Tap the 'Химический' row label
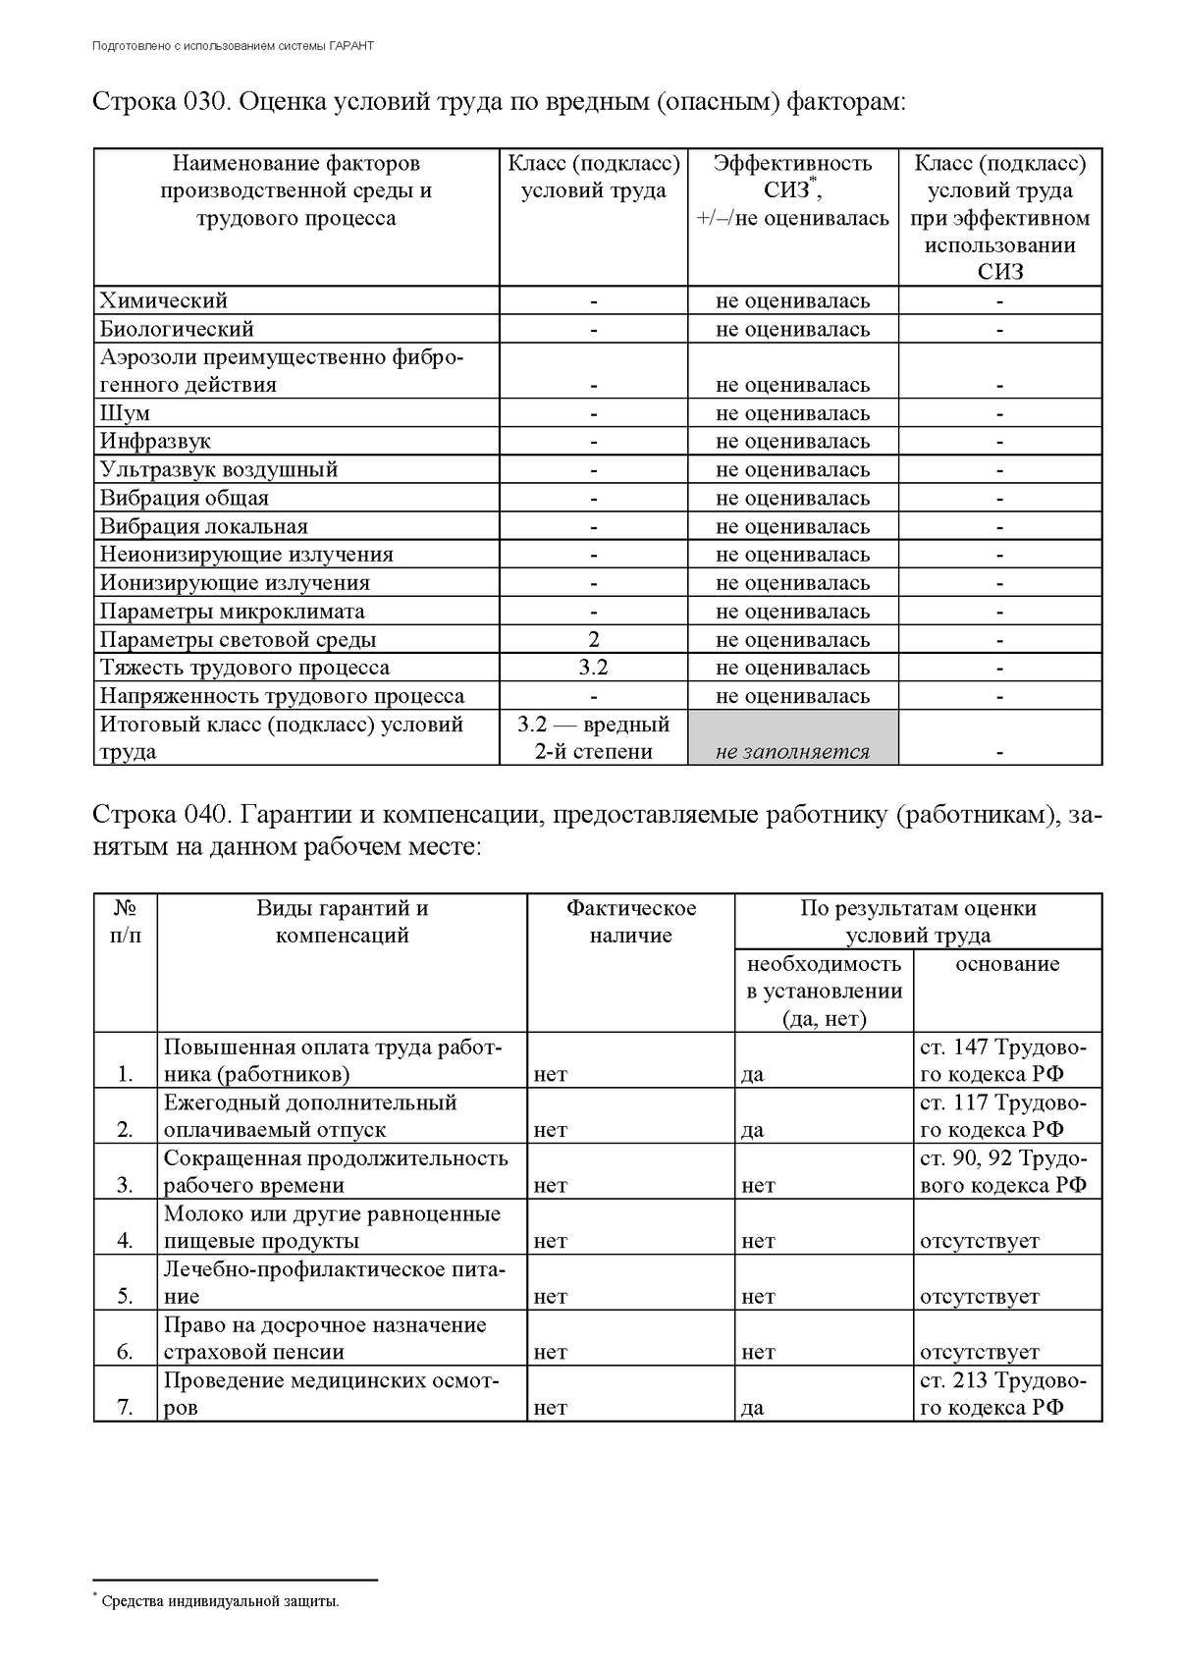click(164, 300)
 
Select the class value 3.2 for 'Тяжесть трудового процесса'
click(594, 668)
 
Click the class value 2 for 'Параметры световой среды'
click(594, 640)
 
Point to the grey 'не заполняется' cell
click(792, 752)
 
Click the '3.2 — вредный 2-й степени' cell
click(594, 738)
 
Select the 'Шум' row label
click(125, 413)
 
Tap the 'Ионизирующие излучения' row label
click(235, 583)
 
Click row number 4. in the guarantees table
click(125, 1241)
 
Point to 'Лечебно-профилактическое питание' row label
click(334, 1282)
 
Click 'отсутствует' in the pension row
click(979, 1353)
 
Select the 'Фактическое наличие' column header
click(631, 921)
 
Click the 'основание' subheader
click(1007, 964)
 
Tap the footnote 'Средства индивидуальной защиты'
click(220, 1602)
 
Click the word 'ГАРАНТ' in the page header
click(352, 46)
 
